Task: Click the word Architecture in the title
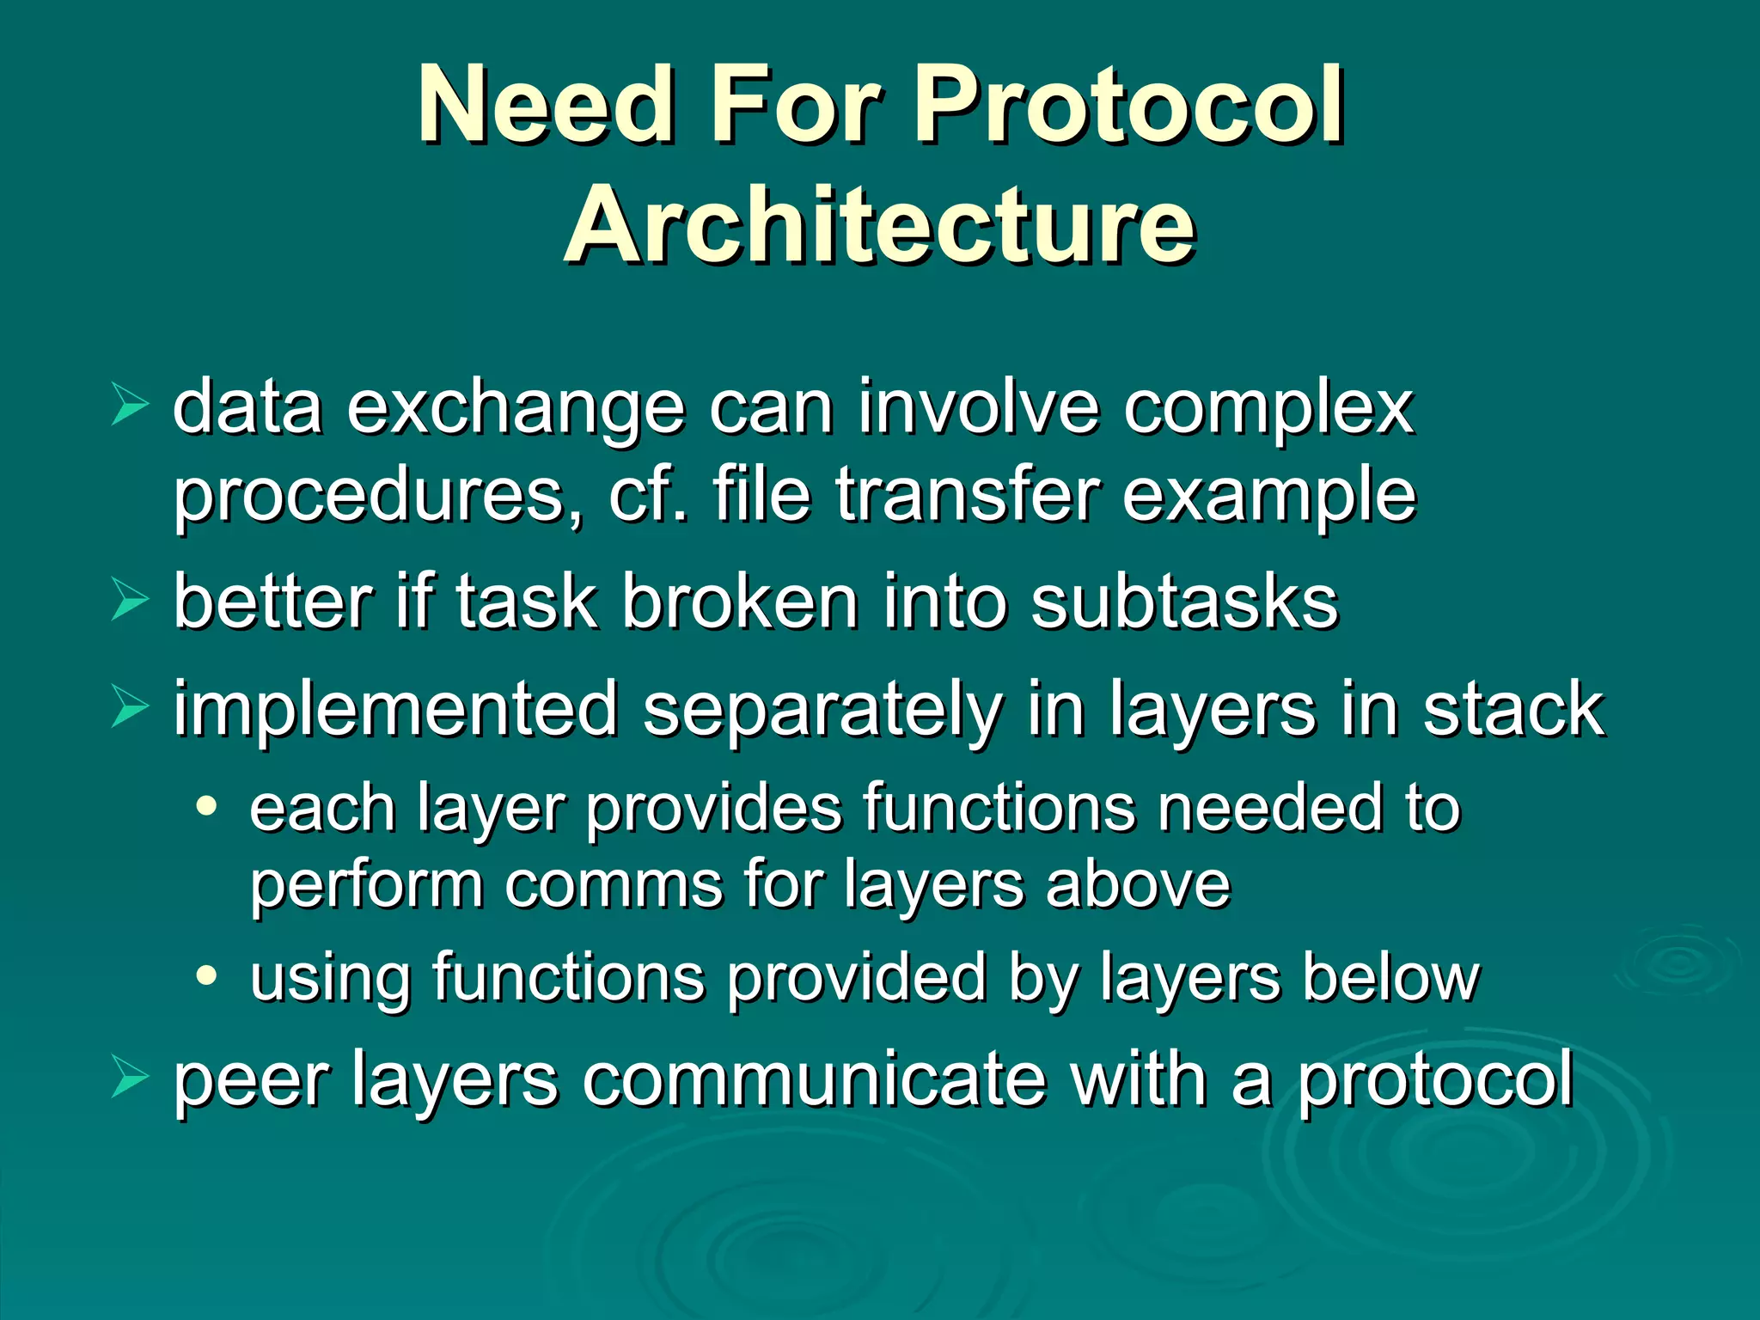point(880,225)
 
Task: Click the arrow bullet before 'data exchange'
point(130,406)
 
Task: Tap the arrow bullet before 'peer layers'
point(130,1079)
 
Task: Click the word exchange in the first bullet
point(516,409)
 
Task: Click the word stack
point(1512,710)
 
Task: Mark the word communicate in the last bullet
point(814,1081)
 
